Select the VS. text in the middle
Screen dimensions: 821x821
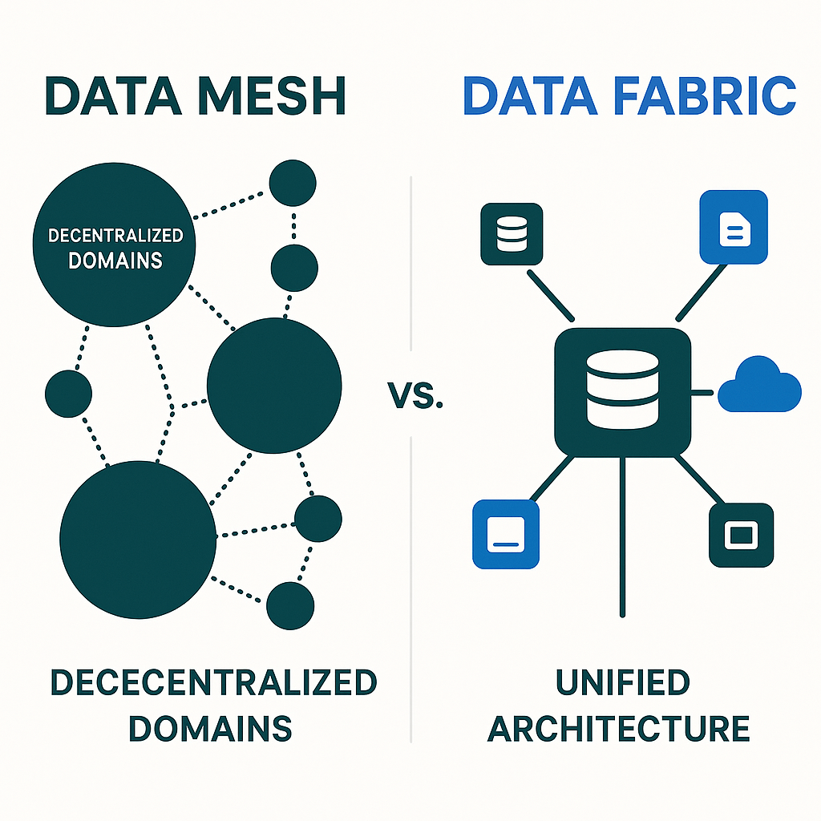click(415, 395)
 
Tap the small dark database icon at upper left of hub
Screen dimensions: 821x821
click(512, 234)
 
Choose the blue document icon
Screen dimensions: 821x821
click(734, 227)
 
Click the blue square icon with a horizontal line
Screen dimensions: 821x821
click(505, 534)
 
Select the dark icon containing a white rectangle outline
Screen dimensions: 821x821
click(741, 535)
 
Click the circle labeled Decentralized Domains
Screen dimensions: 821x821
click(115, 249)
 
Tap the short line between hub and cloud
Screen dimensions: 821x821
click(703, 392)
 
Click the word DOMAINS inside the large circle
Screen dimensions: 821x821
click(115, 261)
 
